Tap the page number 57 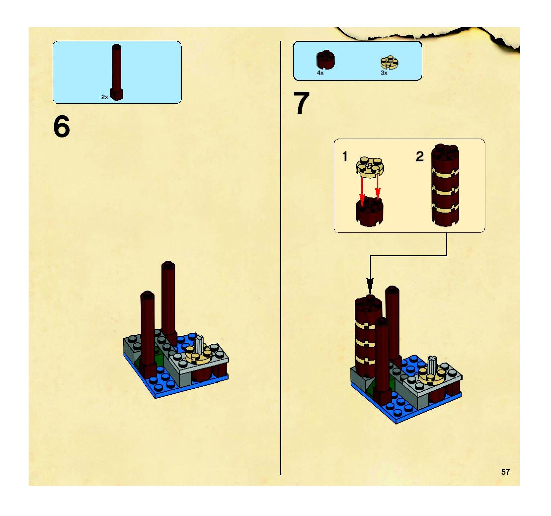pyautogui.click(x=505, y=472)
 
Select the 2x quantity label pyautogui.click(x=105, y=97)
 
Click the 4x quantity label pyautogui.click(x=320, y=73)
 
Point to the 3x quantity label pyautogui.click(x=384, y=73)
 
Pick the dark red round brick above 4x pyautogui.click(x=326, y=60)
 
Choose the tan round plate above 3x pyautogui.click(x=390, y=62)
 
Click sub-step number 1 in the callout pyautogui.click(x=345, y=157)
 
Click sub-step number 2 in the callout pyautogui.click(x=420, y=157)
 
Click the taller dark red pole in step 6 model pyautogui.click(x=168, y=302)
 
